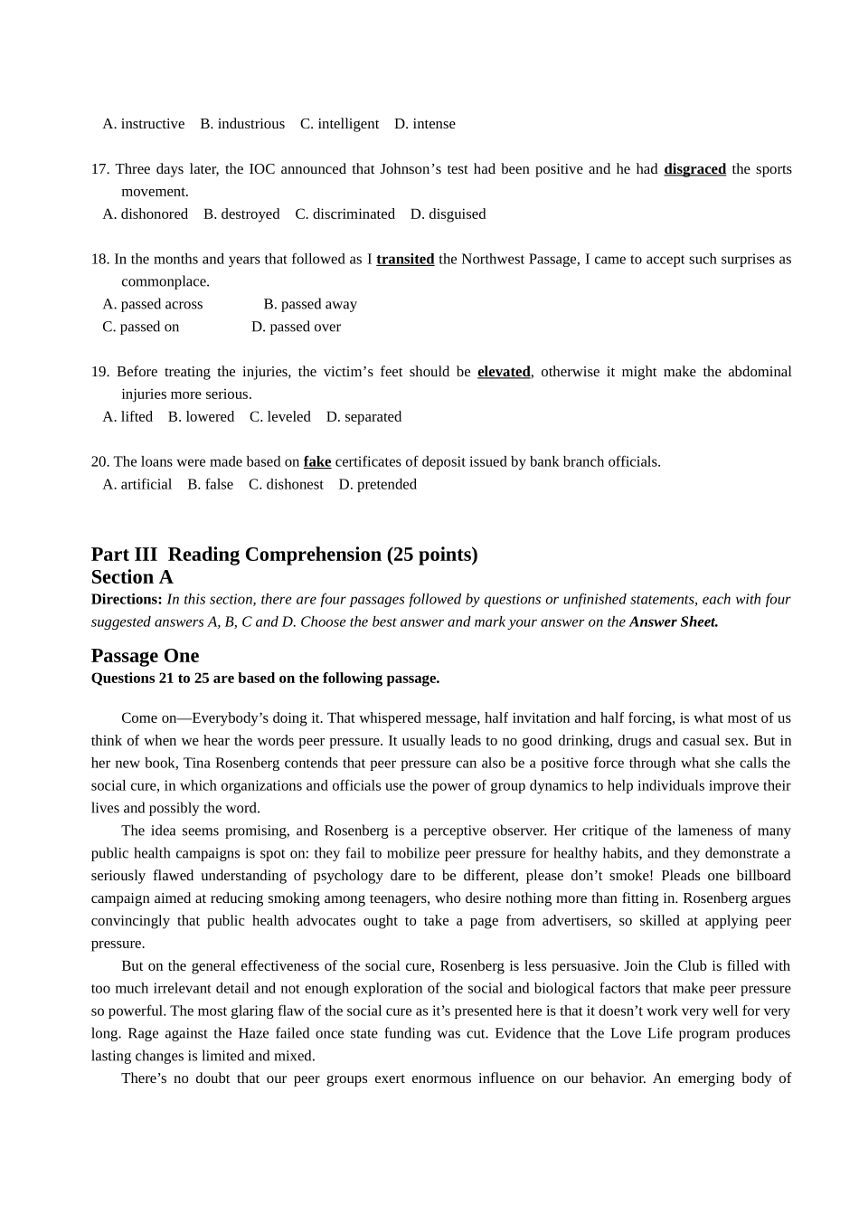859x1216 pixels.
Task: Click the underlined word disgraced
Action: coord(694,169)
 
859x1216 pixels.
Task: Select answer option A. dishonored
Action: coord(146,214)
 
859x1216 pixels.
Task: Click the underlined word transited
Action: coord(405,260)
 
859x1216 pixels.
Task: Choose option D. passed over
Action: coord(296,327)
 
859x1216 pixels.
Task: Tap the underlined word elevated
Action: coord(504,372)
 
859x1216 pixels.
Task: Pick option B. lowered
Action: coord(201,417)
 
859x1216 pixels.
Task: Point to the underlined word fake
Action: coord(317,462)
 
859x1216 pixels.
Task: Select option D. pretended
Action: coord(377,485)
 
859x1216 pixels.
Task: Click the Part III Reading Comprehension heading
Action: coord(284,555)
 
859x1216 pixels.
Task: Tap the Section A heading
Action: coord(132,577)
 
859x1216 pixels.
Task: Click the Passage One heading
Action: coord(145,656)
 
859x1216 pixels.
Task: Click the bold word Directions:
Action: coord(127,599)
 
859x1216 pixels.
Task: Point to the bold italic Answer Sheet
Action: coord(674,622)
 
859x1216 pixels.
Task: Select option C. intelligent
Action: coord(339,124)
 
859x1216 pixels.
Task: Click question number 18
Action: coord(99,260)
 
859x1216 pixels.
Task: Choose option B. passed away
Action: coord(310,304)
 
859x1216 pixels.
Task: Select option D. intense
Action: coord(425,124)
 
